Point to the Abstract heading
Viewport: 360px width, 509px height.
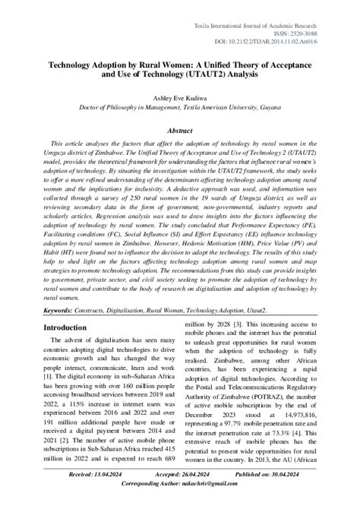(180, 129)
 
